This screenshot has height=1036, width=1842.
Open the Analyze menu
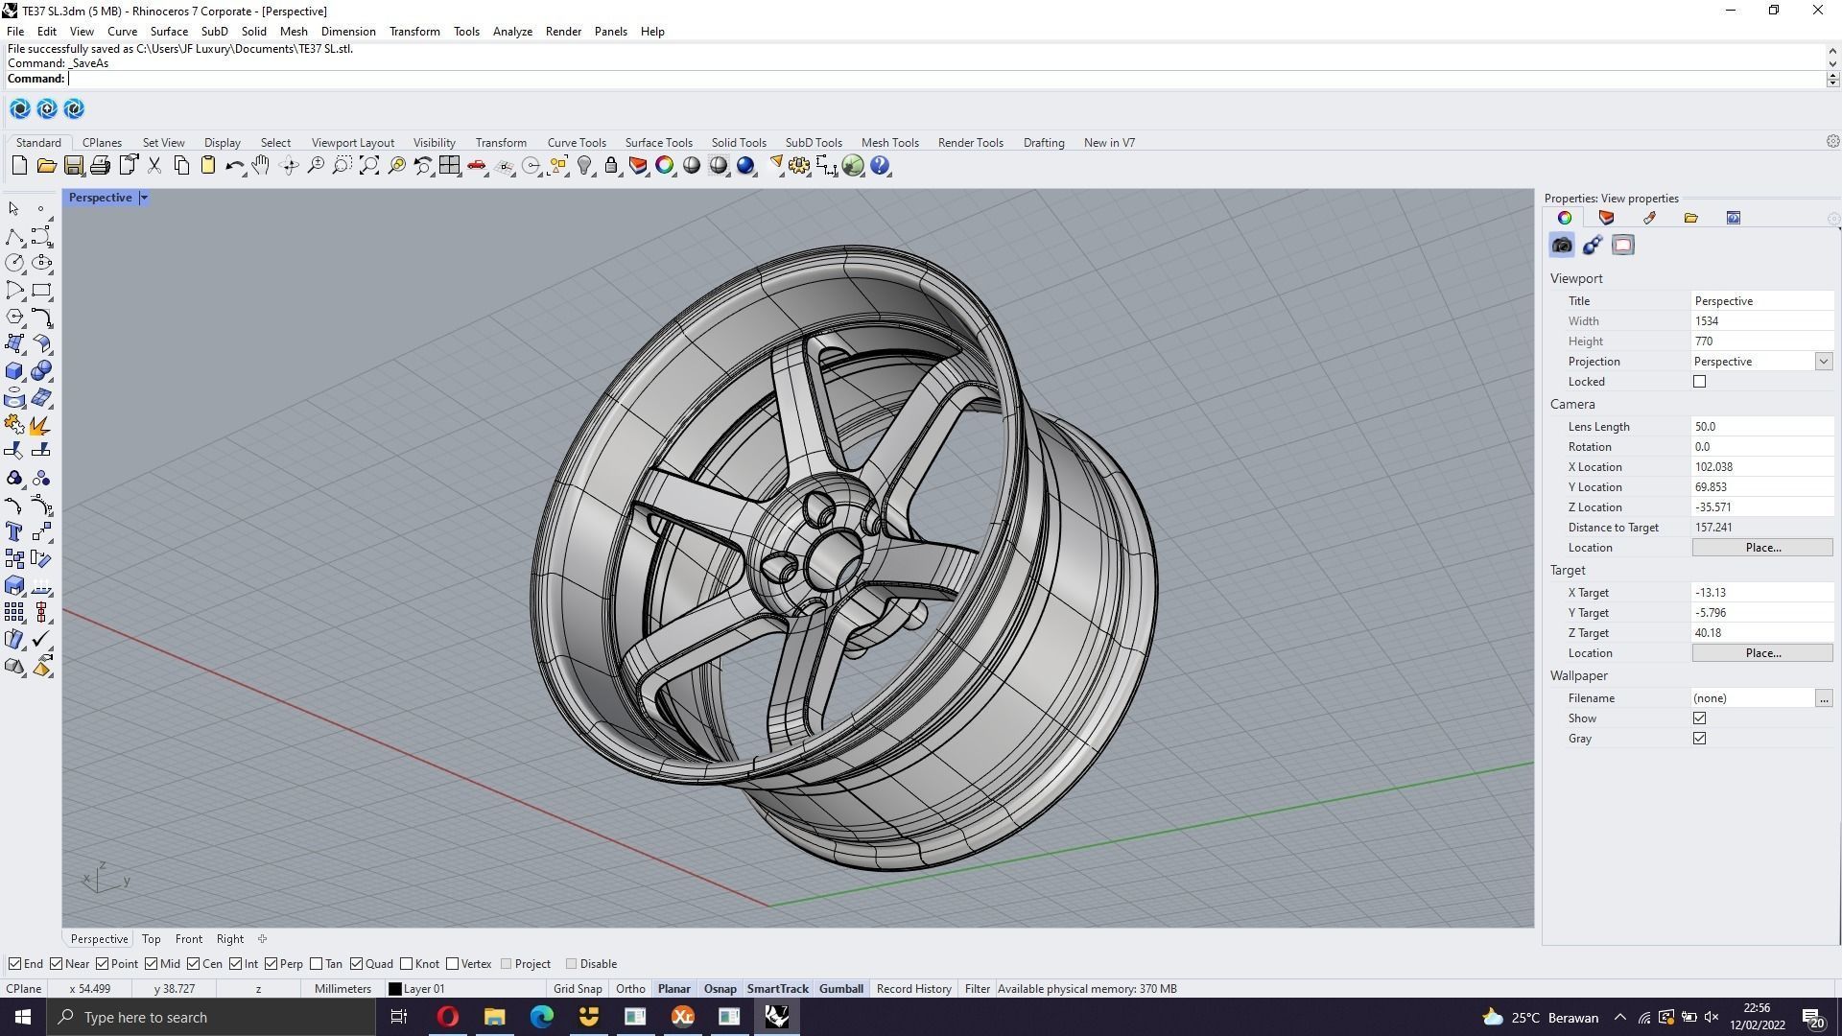coord(512,32)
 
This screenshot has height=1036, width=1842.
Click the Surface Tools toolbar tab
coord(658,143)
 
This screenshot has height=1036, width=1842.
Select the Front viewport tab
coord(188,939)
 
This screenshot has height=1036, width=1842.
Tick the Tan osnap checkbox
coord(317,964)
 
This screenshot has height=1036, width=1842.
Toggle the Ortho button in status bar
coord(630,989)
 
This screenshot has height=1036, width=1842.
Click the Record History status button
coord(913,989)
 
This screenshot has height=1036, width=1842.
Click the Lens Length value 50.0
coord(1760,427)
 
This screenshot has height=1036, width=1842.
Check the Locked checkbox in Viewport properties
coord(1700,382)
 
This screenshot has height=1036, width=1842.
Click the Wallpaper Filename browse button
coord(1823,698)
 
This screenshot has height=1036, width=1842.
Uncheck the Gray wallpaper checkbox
coord(1700,739)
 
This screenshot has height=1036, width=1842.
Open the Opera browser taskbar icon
coord(448,1017)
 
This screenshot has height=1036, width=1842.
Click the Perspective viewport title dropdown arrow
coord(144,198)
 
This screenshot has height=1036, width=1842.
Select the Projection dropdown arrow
coord(1823,362)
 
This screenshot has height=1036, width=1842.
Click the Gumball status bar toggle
coord(840,989)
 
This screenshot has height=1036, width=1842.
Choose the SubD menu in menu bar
coord(214,32)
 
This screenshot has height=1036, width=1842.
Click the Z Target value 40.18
coord(1760,633)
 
